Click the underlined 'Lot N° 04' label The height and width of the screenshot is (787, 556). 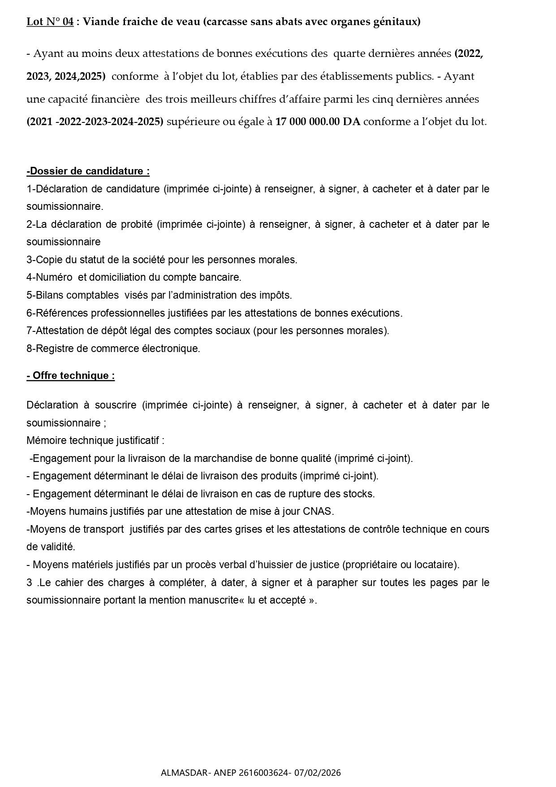50,22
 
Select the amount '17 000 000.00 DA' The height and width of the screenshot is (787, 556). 318,122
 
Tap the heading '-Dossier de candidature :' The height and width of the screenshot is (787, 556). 88,171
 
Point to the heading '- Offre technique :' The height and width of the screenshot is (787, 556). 70,376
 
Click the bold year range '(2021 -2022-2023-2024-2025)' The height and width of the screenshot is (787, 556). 95,122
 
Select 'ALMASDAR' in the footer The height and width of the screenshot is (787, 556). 184,773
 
